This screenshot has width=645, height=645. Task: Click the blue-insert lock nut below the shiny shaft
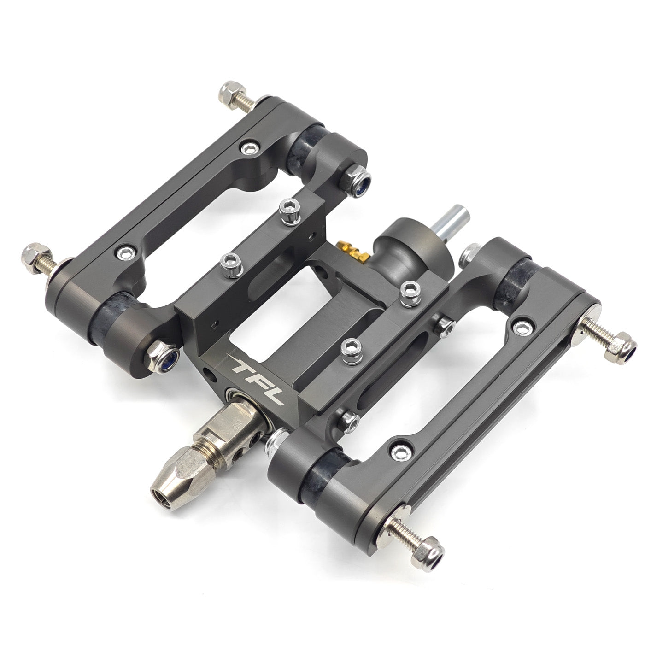(356, 181)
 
